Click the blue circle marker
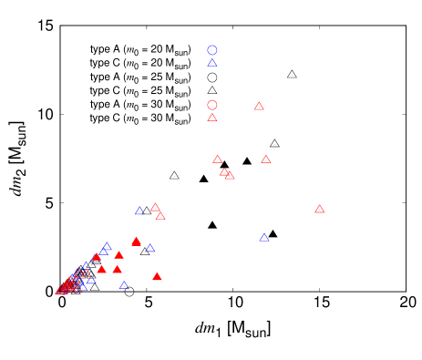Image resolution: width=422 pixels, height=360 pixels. coord(212,50)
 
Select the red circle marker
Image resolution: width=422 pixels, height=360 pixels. coord(212,105)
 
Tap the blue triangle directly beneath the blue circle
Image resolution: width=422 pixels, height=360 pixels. coord(212,63)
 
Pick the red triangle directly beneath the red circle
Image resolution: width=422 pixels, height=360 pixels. coord(212,118)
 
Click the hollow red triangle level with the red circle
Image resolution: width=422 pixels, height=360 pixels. coord(259,107)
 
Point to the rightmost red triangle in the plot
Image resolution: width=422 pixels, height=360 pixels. coord(320,210)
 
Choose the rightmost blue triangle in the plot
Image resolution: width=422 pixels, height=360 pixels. coord(264,238)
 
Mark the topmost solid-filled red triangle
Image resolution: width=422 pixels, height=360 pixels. coord(136,242)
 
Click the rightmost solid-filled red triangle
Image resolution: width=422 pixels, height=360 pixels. coord(157,276)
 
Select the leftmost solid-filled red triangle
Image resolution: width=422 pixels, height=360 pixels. coord(97,257)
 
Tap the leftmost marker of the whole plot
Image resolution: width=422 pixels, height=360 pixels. coord(60,291)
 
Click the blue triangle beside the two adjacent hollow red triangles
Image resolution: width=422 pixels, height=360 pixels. coord(139,211)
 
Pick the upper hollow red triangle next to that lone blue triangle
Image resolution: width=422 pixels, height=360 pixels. coord(155,207)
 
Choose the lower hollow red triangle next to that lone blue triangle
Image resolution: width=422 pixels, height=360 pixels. coord(160,216)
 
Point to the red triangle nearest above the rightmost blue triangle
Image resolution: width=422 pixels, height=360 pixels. coord(266,159)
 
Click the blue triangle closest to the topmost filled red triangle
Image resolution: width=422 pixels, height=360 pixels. coord(150,249)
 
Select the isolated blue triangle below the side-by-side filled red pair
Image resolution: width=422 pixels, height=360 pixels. coord(124,285)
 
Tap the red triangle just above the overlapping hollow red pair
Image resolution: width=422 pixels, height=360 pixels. coord(217,159)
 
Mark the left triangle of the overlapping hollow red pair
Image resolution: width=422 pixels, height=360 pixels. coord(223,171)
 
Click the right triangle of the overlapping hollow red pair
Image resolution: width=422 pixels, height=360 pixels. coord(230,175)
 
